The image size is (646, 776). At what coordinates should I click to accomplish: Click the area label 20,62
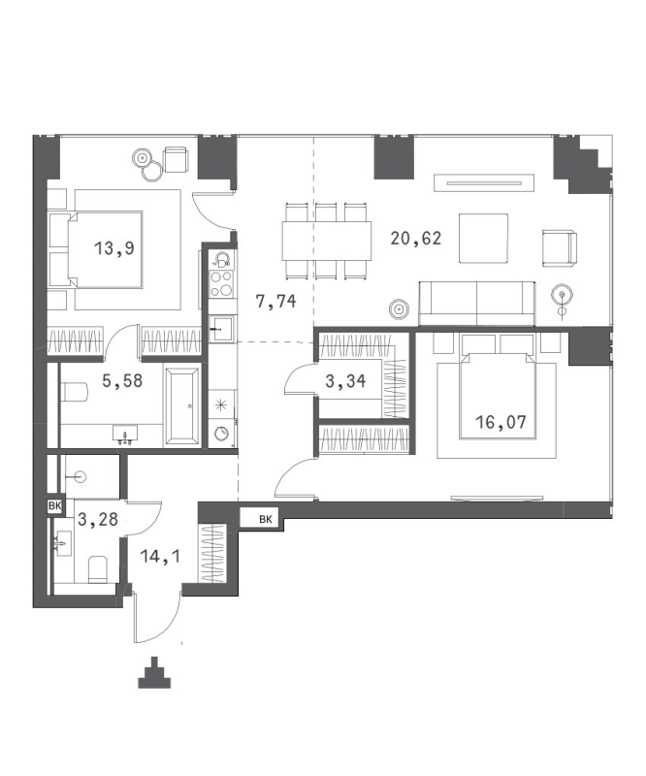tap(416, 239)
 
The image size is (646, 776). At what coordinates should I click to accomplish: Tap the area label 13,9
tap(114, 248)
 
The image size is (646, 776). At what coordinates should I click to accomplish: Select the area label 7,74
tap(275, 301)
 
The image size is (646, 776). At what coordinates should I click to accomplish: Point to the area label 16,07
tap(501, 422)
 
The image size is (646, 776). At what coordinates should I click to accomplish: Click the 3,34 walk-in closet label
tap(345, 381)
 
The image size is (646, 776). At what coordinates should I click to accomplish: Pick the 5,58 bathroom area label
tap(122, 380)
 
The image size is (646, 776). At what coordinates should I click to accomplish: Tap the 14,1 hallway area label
tap(160, 556)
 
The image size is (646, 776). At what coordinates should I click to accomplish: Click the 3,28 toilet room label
tap(98, 519)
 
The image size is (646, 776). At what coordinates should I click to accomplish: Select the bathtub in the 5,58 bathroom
tap(182, 405)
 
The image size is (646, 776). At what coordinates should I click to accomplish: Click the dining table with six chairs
tap(327, 241)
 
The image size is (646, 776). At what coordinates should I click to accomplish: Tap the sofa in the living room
tap(477, 304)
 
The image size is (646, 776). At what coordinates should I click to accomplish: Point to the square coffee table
tap(483, 238)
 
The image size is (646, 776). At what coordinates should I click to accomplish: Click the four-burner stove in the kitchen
tap(221, 283)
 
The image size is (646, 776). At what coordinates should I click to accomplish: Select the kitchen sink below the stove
tap(221, 329)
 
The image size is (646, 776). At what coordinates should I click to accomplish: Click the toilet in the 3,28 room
tap(98, 569)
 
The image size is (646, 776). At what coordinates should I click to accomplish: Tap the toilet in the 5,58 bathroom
tap(75, 393)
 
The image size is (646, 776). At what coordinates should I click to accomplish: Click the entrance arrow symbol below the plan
tap(154, 672)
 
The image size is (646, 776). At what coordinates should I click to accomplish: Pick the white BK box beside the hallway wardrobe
tap(259, 519)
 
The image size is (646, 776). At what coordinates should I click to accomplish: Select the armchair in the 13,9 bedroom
tap(176, 159)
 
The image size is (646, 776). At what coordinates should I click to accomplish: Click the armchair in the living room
tap(560, 248)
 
